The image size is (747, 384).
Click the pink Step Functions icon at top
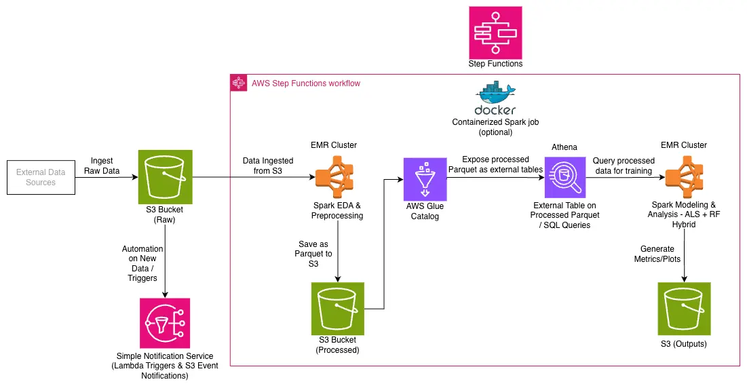pos(495,32)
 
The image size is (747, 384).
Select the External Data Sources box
pos(41,177)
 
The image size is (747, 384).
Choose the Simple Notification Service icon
pos(165,324)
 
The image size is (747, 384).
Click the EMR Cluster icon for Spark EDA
pos(338,178)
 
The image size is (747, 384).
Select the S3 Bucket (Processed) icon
pos(338,308)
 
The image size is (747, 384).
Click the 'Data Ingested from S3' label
pos(268,166)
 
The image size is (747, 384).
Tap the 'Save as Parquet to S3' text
pos(314,254)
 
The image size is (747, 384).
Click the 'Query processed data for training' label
pos(622,166)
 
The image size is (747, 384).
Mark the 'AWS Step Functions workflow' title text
pos(305,83)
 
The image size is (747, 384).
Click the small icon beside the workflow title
pos(238,83)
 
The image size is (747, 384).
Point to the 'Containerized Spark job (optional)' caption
pos(495,127)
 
